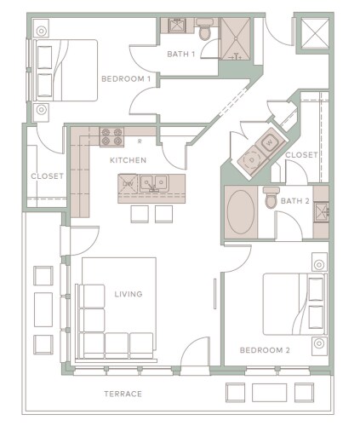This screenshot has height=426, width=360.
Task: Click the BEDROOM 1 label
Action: (x=126, y=79)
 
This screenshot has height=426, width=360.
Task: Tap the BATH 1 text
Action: (x=180, y=55)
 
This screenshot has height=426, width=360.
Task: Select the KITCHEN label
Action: (x=128, y=159)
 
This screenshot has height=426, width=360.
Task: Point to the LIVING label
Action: (x=128, y=295)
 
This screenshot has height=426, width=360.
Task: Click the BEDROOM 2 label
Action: (x=264, y=350)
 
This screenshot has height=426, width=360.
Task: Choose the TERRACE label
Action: (x=122, y=394)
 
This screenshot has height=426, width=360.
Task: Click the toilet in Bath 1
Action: (x=205, y=32)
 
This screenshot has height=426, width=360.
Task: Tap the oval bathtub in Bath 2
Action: (x=241, y=212)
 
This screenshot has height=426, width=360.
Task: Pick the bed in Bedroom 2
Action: (x=294, y=303)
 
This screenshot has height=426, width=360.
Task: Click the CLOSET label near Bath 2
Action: (x=301, y=155)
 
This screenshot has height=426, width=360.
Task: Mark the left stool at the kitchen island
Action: (x=139, y=213)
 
